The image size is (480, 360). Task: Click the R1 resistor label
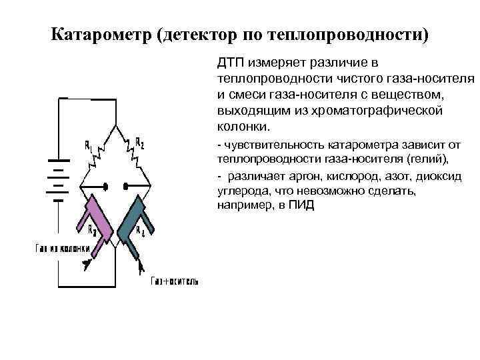pos(89,145)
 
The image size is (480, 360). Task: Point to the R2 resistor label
pos(139,142)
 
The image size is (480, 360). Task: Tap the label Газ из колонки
pos(61,249)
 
